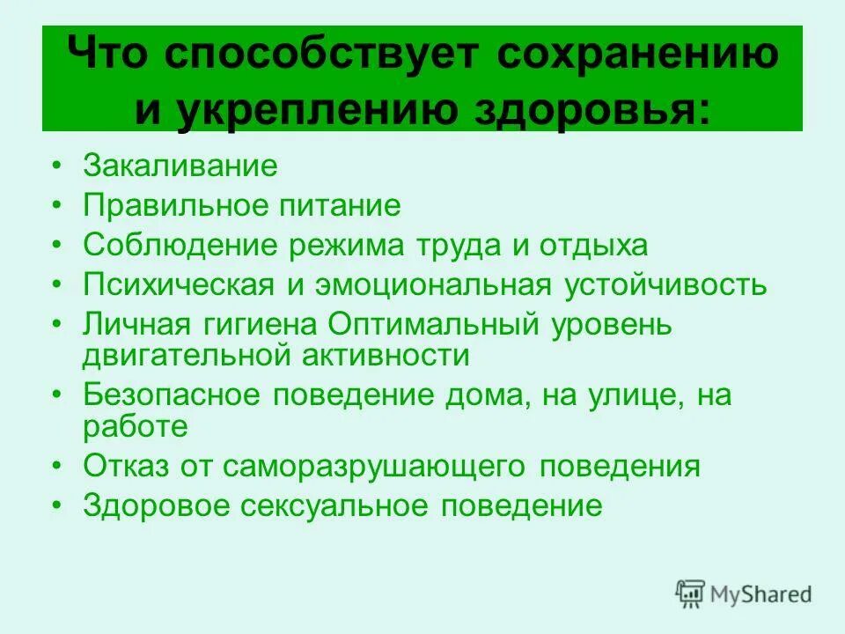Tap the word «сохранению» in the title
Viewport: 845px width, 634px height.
tap(637, 55)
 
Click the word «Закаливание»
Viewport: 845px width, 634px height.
tap(180, 166)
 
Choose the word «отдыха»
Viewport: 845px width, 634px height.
tap(598, 245)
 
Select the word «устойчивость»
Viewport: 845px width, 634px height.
tap(664, 285)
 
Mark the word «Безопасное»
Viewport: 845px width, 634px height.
tap(173, 395)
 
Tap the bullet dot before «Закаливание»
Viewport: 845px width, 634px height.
tap(56, 166)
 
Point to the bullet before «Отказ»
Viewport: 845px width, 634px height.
tap(56, 466)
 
